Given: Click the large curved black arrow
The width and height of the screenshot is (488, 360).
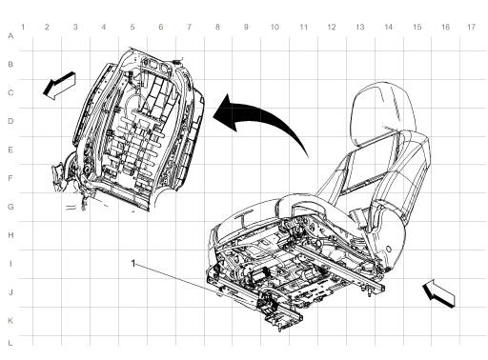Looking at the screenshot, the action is click(x=263, y=118).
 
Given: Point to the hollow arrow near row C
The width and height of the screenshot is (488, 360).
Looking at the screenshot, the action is click(x=57, y=89).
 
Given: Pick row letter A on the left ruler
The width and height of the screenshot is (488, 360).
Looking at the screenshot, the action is click(x=10, y=35).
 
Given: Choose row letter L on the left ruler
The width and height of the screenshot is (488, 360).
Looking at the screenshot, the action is click(x=10, y=341).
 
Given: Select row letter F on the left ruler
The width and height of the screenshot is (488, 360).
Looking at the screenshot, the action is click(x=10, y=178).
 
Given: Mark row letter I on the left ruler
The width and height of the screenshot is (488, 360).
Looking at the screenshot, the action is click(x=10, y=264).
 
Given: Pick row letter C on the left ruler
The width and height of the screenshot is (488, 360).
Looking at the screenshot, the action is click(x=10, y=92).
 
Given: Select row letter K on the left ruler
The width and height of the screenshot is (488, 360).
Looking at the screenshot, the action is click(x=10, y=321).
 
